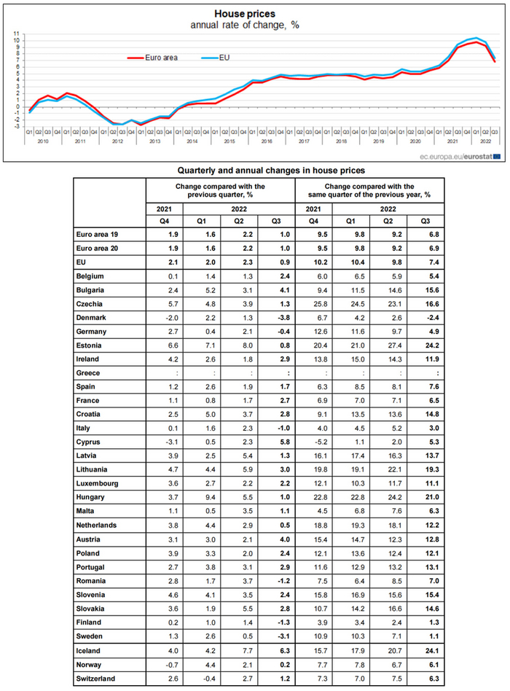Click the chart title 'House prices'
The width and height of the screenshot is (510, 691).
[x=245, y=13]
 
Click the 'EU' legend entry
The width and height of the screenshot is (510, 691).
[x=224, y=56]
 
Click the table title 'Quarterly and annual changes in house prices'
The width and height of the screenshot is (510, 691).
[x=272, y=170]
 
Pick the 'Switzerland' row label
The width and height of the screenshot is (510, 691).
[x=98, y=679]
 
